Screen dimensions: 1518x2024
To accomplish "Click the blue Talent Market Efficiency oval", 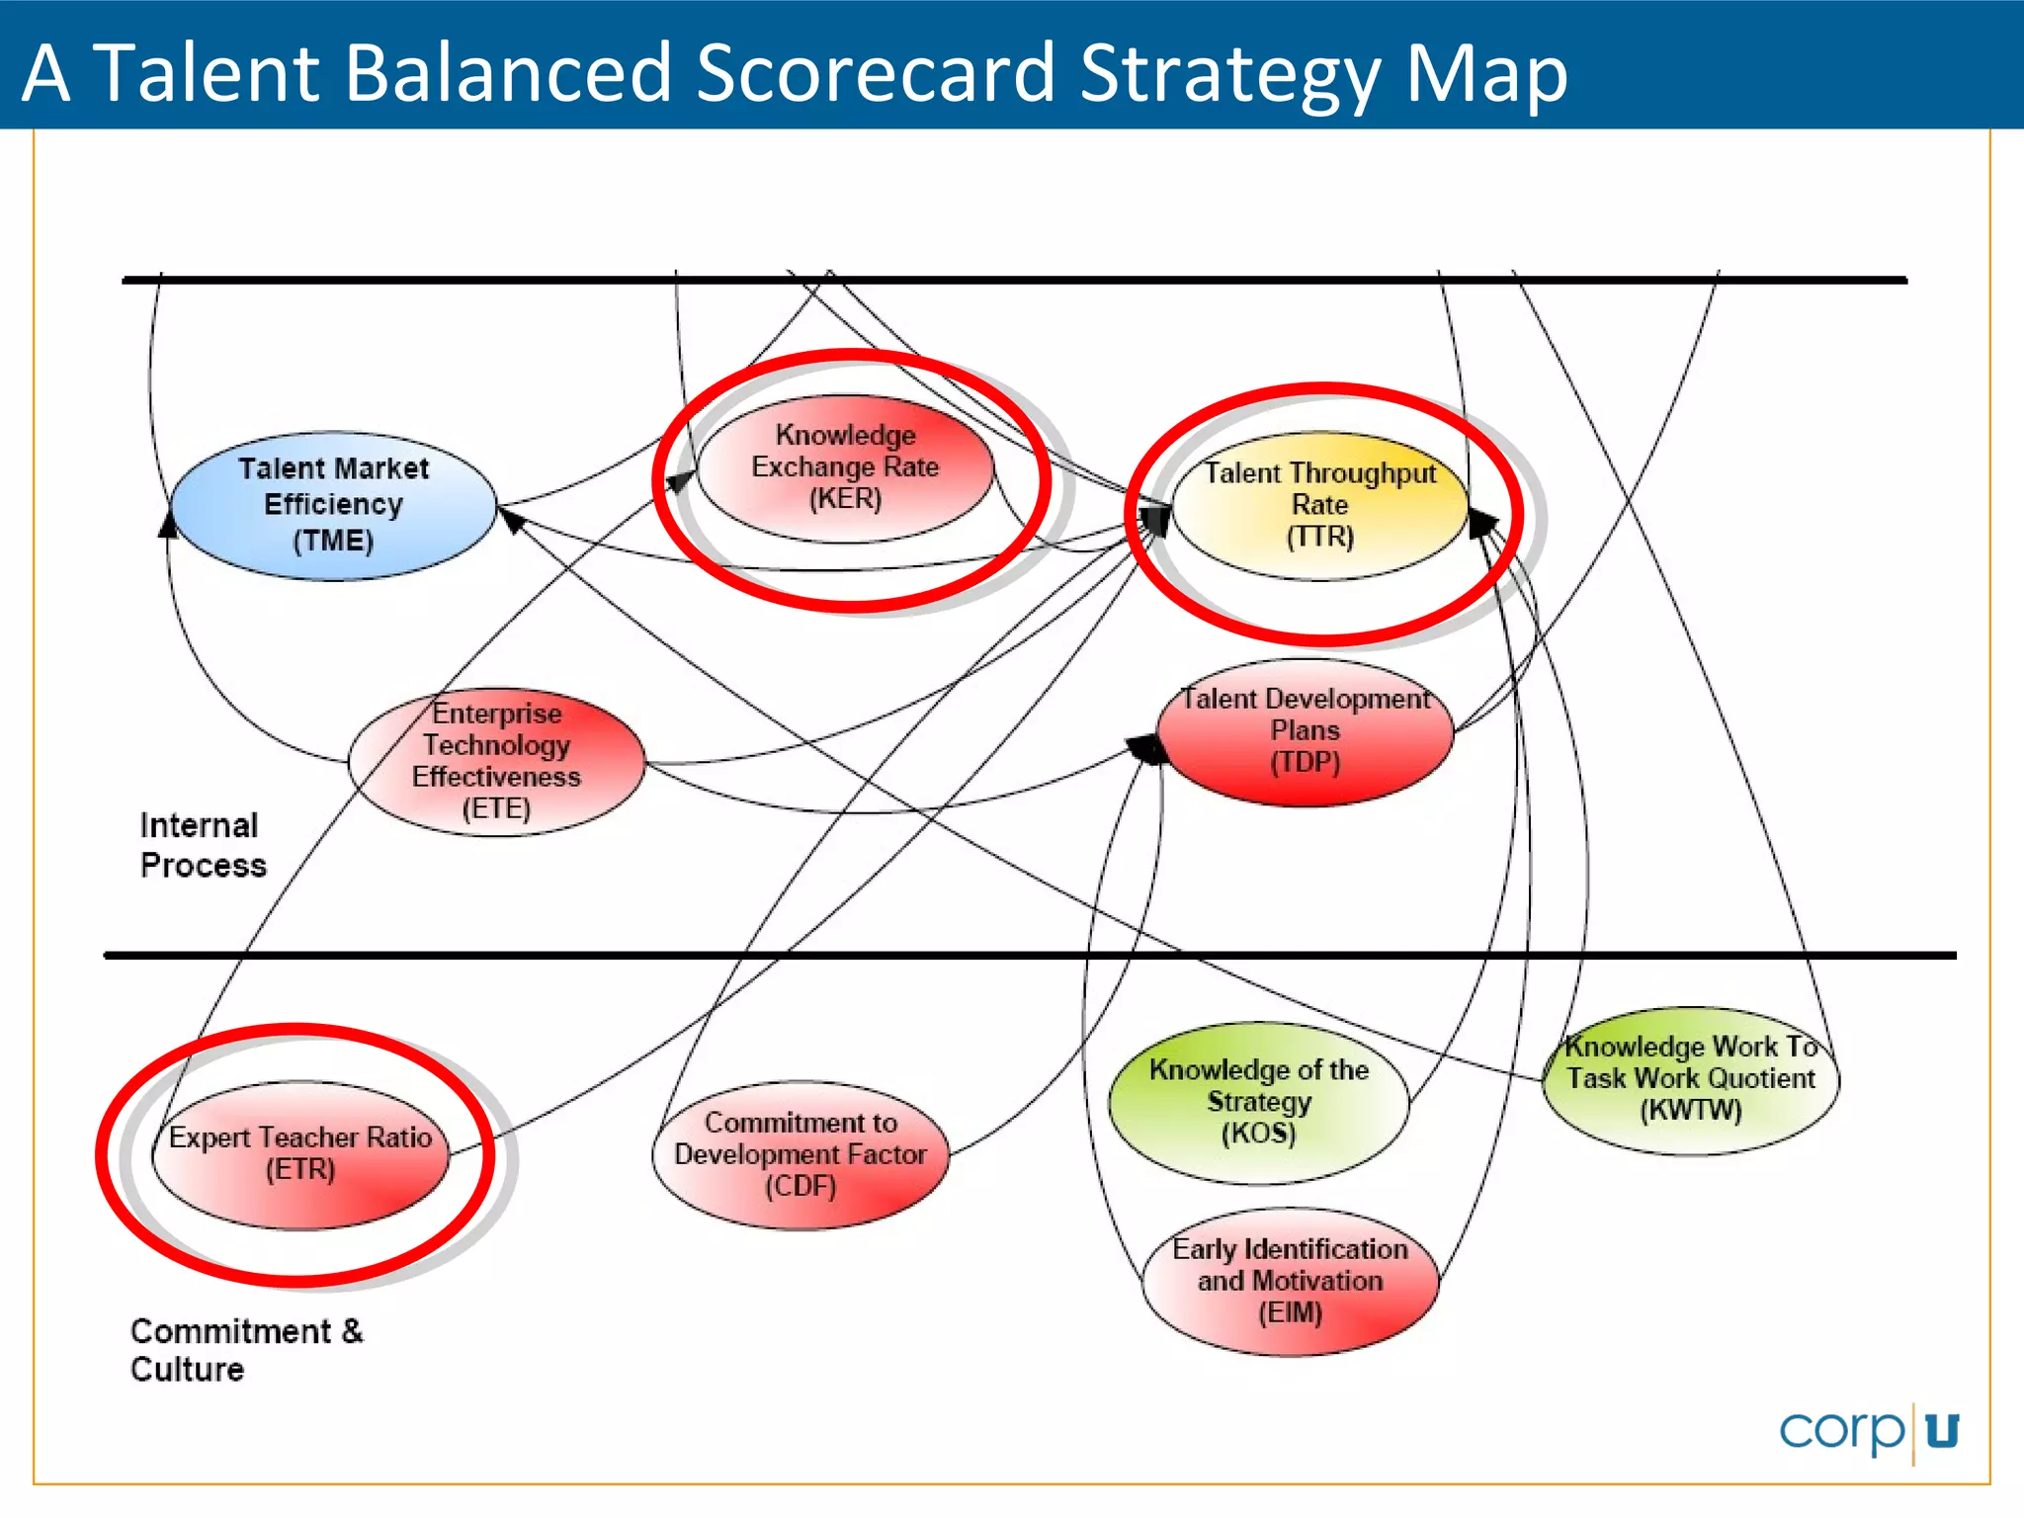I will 333,505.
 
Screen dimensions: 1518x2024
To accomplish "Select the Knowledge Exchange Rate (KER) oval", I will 845,467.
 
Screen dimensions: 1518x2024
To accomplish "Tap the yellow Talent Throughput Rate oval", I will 1319,505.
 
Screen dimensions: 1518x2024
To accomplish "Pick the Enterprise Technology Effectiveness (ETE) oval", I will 496,762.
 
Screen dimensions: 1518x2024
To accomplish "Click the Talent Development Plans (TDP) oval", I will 1305,732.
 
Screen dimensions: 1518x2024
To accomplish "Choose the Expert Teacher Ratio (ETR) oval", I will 300,1154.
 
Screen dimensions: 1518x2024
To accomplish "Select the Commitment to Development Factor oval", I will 800,1154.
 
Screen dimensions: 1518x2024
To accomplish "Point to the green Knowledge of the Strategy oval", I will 1258,1102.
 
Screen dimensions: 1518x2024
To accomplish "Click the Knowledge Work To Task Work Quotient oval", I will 1691,1079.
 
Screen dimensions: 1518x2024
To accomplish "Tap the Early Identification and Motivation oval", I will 1290,1281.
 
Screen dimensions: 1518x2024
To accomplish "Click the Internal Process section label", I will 203,845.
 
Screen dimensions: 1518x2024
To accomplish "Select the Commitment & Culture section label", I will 246,1350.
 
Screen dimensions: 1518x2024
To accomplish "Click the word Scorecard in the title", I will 876,73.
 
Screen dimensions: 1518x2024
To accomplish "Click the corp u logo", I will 1868,1431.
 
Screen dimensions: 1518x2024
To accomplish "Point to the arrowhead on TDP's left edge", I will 1149,749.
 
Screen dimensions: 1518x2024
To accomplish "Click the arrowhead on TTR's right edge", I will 1481,523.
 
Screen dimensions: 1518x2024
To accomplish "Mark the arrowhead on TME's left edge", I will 169,525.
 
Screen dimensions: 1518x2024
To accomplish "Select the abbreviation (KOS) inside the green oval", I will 1258,1133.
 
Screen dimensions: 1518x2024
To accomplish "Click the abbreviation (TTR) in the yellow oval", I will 1319,537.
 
